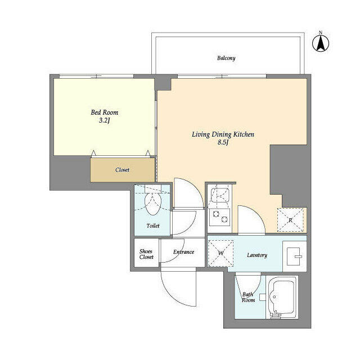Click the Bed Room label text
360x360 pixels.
(105, 112)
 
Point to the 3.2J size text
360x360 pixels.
(105, 120)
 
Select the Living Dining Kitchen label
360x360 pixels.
(223, 134)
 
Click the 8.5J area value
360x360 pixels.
(223, 143)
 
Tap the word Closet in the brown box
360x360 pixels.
(123, 169)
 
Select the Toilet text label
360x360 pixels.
(152, 226)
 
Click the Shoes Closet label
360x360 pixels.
(146, 254)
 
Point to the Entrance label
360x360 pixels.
(183, 252)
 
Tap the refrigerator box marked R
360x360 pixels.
(290, 220)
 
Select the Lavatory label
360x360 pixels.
(256, 255)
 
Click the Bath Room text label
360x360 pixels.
(248, 297)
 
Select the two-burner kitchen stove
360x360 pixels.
(218, 218)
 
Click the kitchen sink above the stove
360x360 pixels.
(218, 195)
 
